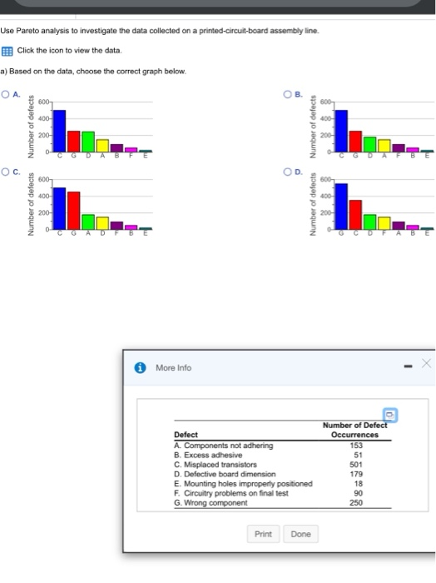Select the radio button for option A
point(5,94)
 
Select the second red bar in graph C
point(74,210)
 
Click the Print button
point(263,534)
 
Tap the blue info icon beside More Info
point(141,366)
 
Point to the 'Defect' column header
point(186,435)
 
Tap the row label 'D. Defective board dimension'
point(225,474)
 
